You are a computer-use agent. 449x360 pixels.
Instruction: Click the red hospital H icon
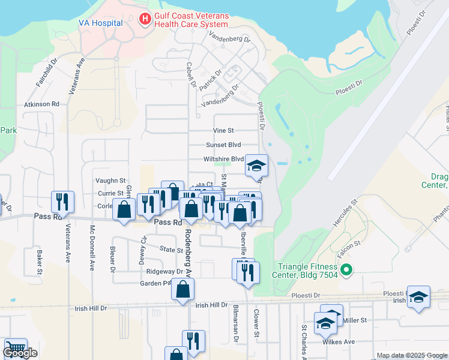145,19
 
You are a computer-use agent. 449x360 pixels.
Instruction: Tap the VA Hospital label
100,23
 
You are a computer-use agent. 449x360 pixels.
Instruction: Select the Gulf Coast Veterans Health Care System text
191,20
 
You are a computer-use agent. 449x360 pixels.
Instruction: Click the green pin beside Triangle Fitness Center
346,271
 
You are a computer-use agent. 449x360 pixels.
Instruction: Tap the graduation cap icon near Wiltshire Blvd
256,166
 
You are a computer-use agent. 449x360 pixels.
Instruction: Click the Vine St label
223,130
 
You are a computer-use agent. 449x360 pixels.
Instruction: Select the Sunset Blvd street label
223,145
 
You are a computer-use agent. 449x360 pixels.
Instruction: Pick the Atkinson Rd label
41,104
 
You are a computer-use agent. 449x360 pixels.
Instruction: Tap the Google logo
20,353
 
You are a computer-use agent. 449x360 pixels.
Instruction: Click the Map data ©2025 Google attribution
412,355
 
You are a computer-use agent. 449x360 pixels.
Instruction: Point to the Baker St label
40,262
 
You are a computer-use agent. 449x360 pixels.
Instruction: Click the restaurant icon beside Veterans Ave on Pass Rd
62,202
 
